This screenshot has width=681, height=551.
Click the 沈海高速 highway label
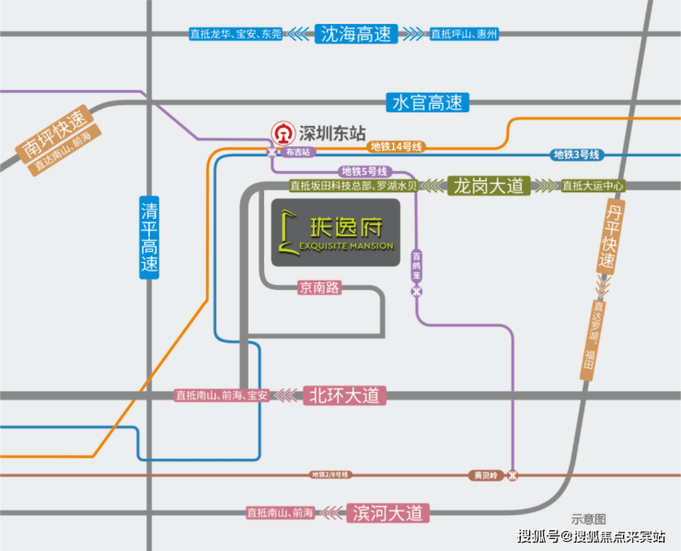click(355, 34)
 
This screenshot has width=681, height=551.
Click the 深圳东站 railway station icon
click(283, 131)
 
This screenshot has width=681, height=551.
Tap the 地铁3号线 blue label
click(576, 154)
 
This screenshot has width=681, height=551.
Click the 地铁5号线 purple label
click(364, 171)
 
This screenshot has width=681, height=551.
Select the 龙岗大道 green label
click(489, 186)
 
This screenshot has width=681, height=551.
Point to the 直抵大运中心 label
click(593, 186)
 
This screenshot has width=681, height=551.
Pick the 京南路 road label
click(319, 287)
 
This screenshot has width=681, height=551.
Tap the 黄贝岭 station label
click(485, 476)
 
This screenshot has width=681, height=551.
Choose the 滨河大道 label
click(387, 512)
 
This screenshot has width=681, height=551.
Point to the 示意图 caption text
click(588, 520)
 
